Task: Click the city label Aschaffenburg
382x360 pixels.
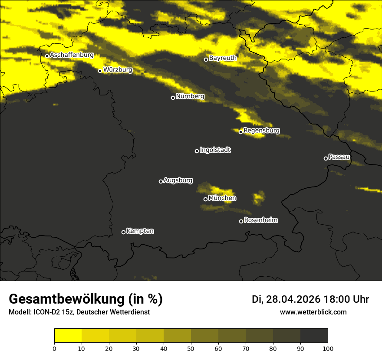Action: click(x=72, y=55)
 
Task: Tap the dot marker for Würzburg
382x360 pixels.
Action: click(x=100, y=71)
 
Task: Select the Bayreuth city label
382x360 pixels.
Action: click(x=223, y=58)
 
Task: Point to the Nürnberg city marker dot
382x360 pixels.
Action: click(x=173, y=98)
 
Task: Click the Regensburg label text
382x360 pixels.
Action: click(x=261, y=130)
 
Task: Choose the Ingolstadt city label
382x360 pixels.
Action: click(x=215, y=150)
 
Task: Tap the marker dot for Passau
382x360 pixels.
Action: click(x=326, y=158)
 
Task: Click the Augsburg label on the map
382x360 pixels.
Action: click(x=178, y=180)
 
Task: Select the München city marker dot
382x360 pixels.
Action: click(x=205, y=199)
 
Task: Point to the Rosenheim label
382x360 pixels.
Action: click(x=260, y=220)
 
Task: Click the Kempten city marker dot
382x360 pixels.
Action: click(x=123, y=232)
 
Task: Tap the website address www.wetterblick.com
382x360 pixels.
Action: click(x=313, y=312)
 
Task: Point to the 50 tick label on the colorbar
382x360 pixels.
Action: click(x=191, y=348)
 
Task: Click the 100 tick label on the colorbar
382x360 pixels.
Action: click(x=328, y=348)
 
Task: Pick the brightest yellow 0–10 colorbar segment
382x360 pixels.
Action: click(x=68, y=336)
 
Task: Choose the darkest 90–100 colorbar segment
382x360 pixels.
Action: click(x=314, y=336)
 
